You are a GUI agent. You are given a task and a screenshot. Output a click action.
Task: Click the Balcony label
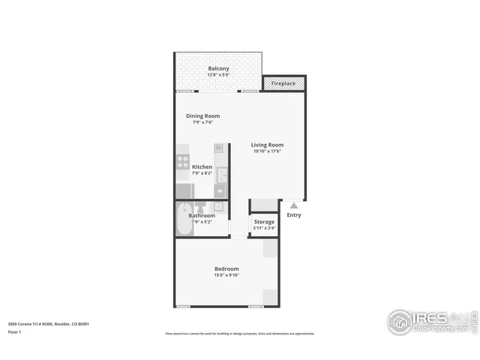coord(218,69)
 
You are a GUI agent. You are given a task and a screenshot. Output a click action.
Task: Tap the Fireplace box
coord(283,83)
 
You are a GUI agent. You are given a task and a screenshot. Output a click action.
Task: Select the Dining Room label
coord(202,115)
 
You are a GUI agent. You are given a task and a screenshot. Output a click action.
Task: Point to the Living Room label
coord(267,145)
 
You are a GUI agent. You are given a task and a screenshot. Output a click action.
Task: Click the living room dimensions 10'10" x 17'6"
coord(267,151)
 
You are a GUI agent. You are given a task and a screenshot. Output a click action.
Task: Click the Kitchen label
coord(202,166)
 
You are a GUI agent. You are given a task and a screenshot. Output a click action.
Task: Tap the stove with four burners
coord(182,161)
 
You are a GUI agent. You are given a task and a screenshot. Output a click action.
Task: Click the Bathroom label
coord(202,215)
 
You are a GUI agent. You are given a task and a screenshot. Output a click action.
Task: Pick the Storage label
coord(264,221)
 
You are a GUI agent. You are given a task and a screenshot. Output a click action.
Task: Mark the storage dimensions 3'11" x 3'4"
coord(264,228)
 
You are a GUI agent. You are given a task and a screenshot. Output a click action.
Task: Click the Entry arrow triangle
coord(294,205)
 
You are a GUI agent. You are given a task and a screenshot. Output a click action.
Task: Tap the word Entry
coord(294,215)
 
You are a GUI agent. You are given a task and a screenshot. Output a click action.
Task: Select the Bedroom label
coord(226,268)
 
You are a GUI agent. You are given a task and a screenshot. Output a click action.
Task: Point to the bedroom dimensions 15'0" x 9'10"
coord(226,275)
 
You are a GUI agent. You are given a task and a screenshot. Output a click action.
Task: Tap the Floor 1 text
coord(14,331)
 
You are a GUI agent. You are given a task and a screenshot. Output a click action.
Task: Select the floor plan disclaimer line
coord(240,334)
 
